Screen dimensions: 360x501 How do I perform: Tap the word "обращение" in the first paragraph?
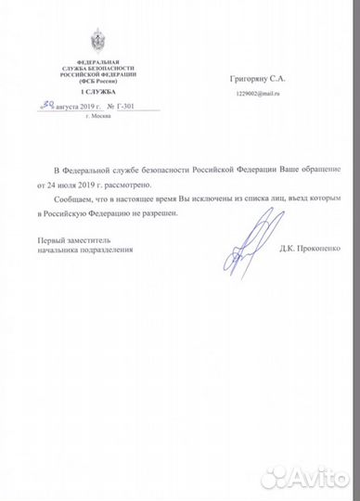coord(321,173)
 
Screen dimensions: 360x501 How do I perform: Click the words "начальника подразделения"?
coord(80,250)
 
